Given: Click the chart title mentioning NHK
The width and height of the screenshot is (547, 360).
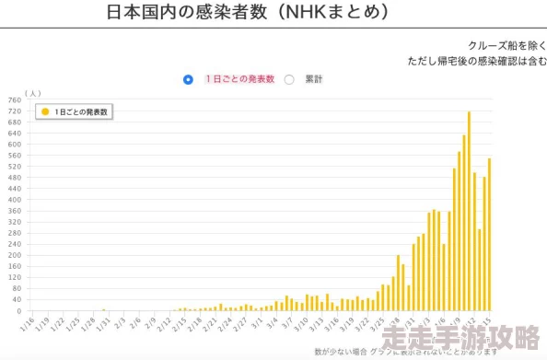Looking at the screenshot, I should pyautogui.click(x=247, y=13).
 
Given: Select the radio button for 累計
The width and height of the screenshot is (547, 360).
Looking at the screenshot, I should pyautogui.click(x=289, y=79).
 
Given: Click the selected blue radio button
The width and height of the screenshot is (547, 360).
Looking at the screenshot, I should pyautogui.click(x=189, y=79).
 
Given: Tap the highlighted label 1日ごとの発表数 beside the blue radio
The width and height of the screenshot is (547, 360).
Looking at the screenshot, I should pyautogui.click(x=239, y=79).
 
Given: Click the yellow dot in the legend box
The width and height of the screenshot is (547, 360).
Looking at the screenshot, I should pyautogui.click(x=45, y=111).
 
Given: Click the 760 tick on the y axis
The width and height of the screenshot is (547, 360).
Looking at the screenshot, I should pyautogui.click(x=14, y=99).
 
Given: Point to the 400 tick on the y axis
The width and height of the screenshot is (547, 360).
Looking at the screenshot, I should pyautogui.click(x=14, y=200).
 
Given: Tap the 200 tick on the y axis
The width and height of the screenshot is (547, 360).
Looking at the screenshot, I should pyautogui.click(x=14, y=255).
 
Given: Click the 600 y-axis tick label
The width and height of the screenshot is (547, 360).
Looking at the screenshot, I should pyautogui.click(x=14, y=145).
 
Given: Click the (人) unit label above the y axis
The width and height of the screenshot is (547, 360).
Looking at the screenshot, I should pyautogui.click(x=33, y=92).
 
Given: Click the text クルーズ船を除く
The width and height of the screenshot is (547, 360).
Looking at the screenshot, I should pyautogui.click(x=506, y=45).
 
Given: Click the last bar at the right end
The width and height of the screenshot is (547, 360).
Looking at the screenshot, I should pyautogui.click(x=489, y=234).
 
